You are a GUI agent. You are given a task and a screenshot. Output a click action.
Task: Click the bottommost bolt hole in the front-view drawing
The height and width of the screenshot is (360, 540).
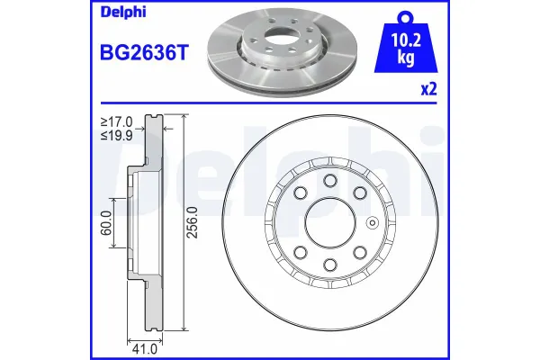point(329,264)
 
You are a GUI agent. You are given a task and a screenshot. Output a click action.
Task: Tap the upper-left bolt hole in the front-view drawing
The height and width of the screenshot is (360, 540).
point(300,193)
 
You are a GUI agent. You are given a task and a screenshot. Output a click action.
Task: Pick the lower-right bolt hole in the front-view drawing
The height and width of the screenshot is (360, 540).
point(359,252)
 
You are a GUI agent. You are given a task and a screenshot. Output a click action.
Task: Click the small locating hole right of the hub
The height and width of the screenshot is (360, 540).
point(371,223)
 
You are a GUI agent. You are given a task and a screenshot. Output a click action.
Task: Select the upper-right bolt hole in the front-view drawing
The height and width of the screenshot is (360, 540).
point(359,193)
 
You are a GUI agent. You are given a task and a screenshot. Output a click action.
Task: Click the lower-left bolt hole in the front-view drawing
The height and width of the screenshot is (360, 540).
point(300,252)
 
